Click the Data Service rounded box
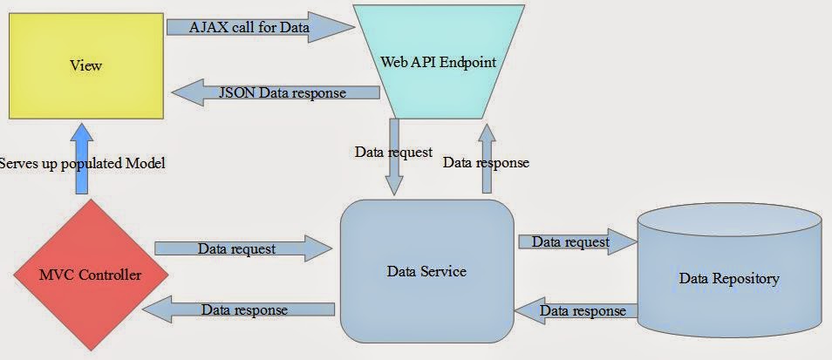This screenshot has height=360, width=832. (x=426, y=271)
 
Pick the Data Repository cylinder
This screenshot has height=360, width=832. (x=728, y=278)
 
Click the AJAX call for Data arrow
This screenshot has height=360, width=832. (x=262, y=26)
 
